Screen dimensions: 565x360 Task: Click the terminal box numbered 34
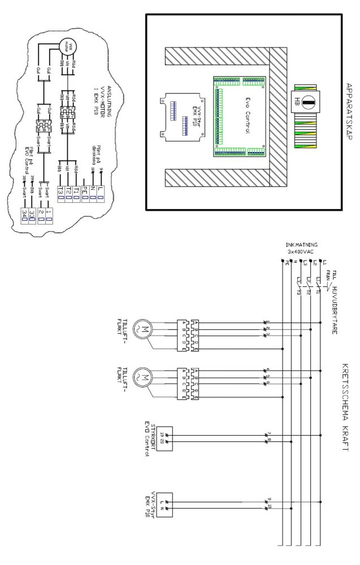click(24, 212)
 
